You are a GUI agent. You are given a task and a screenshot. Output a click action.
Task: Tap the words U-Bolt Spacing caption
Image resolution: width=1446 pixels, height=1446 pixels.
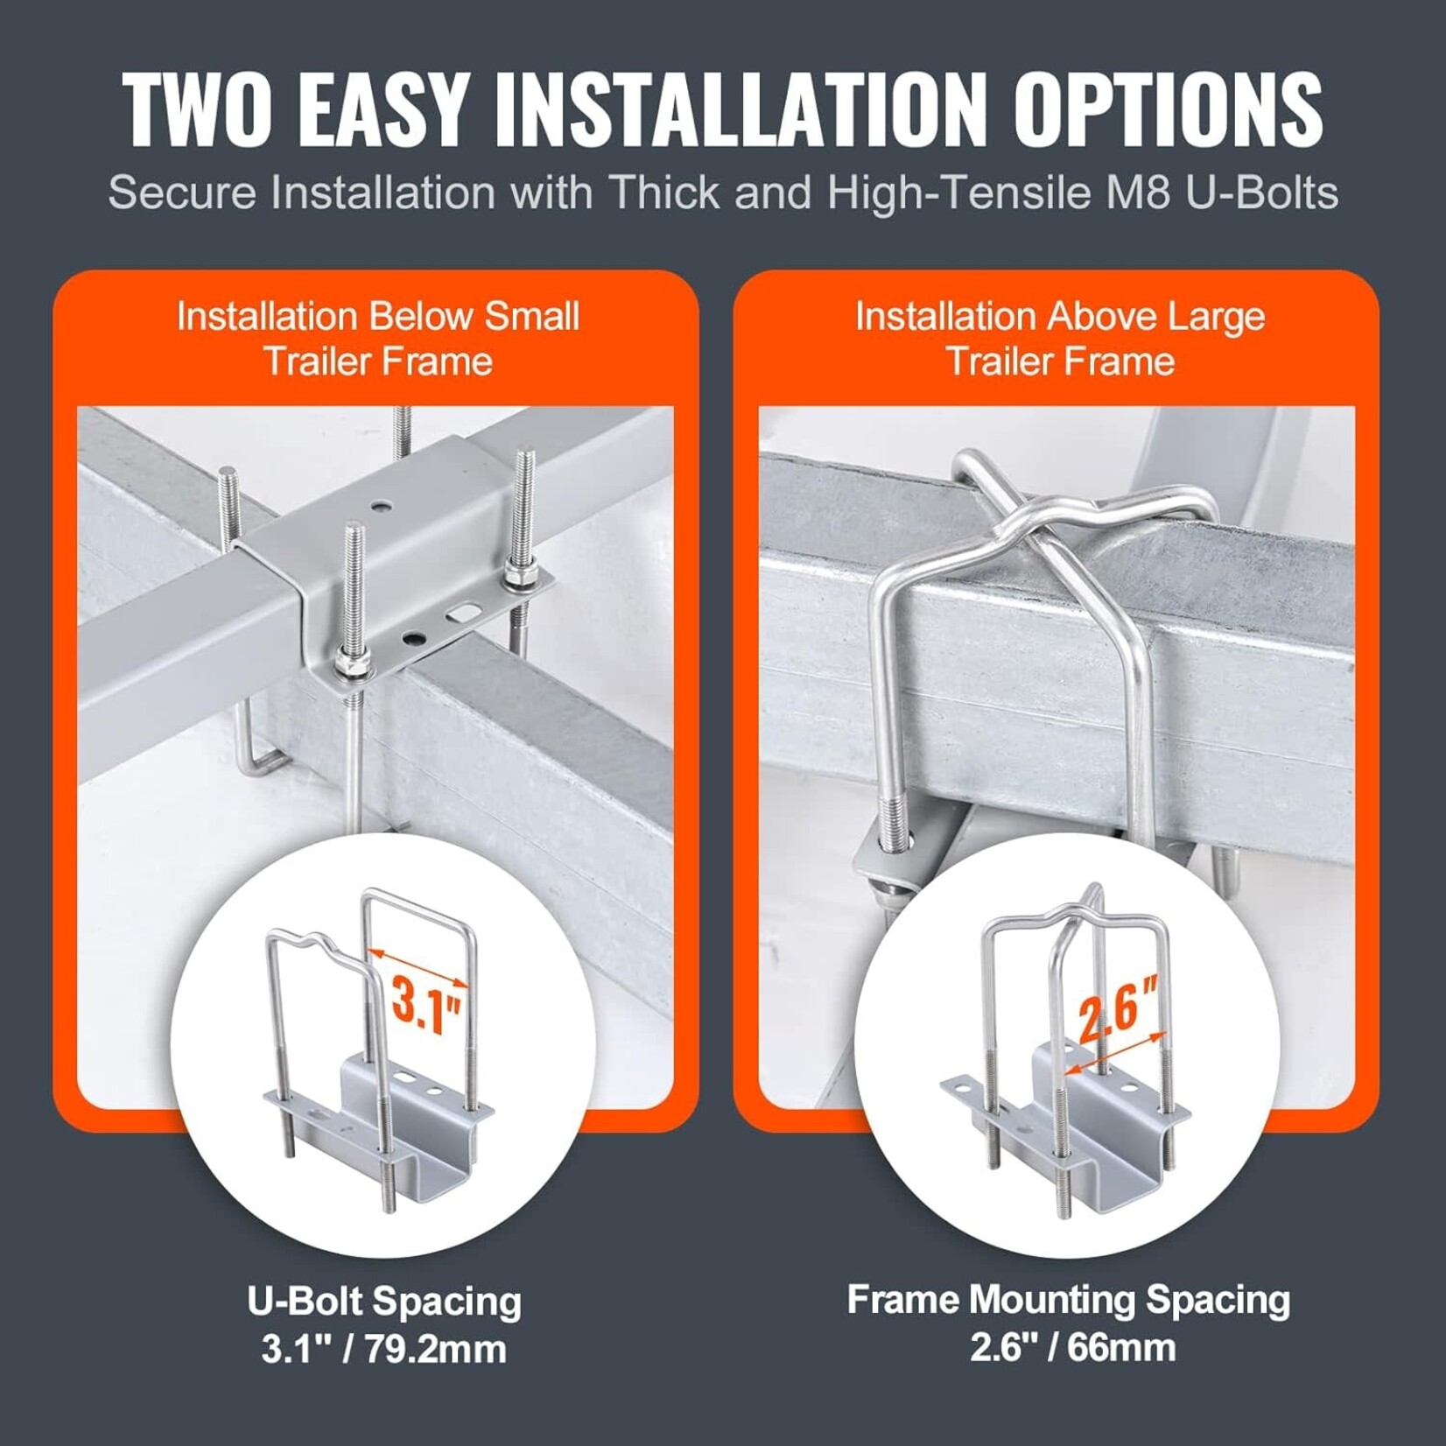tap(384, 1302)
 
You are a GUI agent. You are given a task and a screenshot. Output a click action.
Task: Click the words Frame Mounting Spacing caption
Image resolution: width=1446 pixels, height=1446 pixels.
tap(1068, 1300)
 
